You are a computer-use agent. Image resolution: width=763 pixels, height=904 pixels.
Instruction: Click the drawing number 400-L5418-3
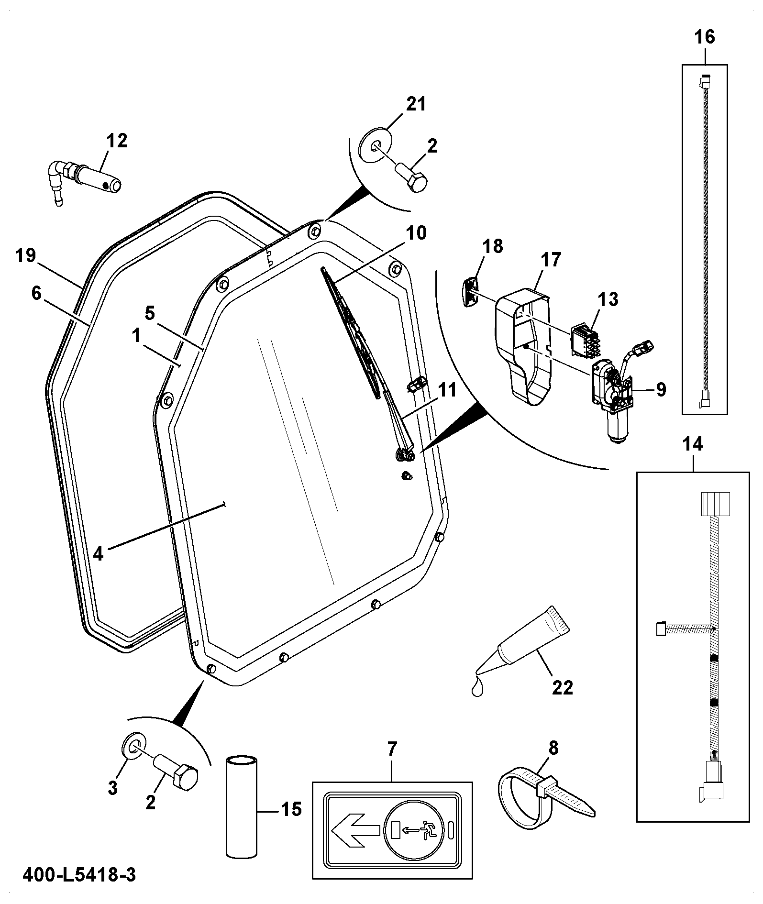point(79,875)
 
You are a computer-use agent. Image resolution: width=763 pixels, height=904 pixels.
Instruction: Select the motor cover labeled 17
point(522,343)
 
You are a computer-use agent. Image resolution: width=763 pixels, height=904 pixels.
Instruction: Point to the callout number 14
point(693,444)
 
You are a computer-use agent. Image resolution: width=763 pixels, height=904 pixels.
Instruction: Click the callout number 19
point(25,255)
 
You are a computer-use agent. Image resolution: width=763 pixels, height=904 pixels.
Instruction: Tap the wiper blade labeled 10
point(353,334)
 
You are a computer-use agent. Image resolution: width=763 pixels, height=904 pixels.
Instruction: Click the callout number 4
point(98,554)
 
